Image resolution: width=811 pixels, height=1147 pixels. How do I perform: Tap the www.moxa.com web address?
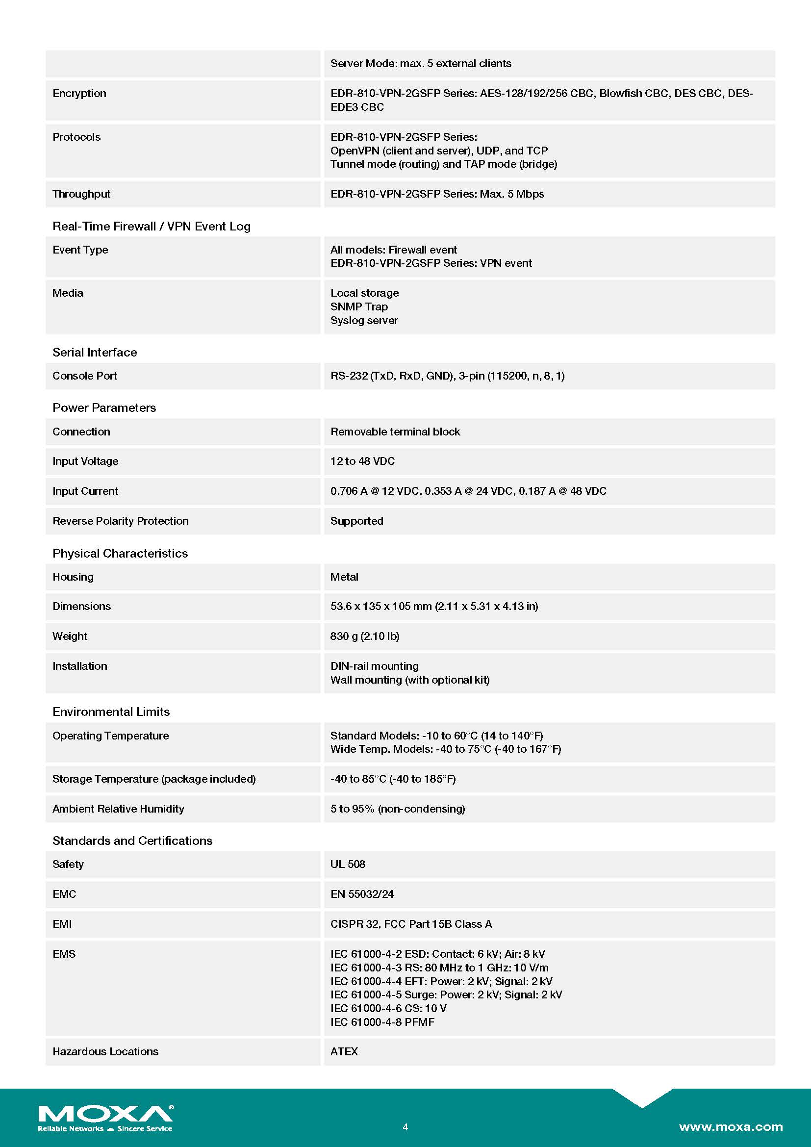coord(730,1126)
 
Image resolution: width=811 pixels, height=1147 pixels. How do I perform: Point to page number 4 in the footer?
coord(405,1127)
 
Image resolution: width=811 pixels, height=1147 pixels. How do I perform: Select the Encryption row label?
coord(79,94)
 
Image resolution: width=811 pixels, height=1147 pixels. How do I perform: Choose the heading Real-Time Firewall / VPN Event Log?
coord(152,226)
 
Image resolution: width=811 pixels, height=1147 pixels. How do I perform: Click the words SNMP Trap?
coord(358,306)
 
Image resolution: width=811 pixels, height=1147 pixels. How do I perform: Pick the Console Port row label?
coord(85,376)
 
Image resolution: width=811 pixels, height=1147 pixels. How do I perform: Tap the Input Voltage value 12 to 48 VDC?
coord(362,461)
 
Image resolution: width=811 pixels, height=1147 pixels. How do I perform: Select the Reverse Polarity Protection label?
coord(120,521)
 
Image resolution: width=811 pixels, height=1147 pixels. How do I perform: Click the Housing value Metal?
coord(344,577)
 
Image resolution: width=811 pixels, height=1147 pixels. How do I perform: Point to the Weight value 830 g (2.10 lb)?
coord(364,636)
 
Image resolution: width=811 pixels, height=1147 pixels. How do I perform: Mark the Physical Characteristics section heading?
coord(120,554)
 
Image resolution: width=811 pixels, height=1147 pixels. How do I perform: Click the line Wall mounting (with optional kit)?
coord(409,680)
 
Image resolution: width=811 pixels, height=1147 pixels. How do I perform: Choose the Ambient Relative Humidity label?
coord(118,809)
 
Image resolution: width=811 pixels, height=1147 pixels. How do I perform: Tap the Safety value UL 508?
coord(348,864)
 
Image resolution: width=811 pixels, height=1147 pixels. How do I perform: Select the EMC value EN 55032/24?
coord(361,894)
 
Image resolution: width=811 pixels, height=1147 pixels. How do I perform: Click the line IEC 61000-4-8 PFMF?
coord(382,1022)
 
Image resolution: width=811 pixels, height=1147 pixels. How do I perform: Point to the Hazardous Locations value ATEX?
coord(344,1051)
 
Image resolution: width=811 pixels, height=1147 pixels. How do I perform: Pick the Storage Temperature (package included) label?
coord(154,779)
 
